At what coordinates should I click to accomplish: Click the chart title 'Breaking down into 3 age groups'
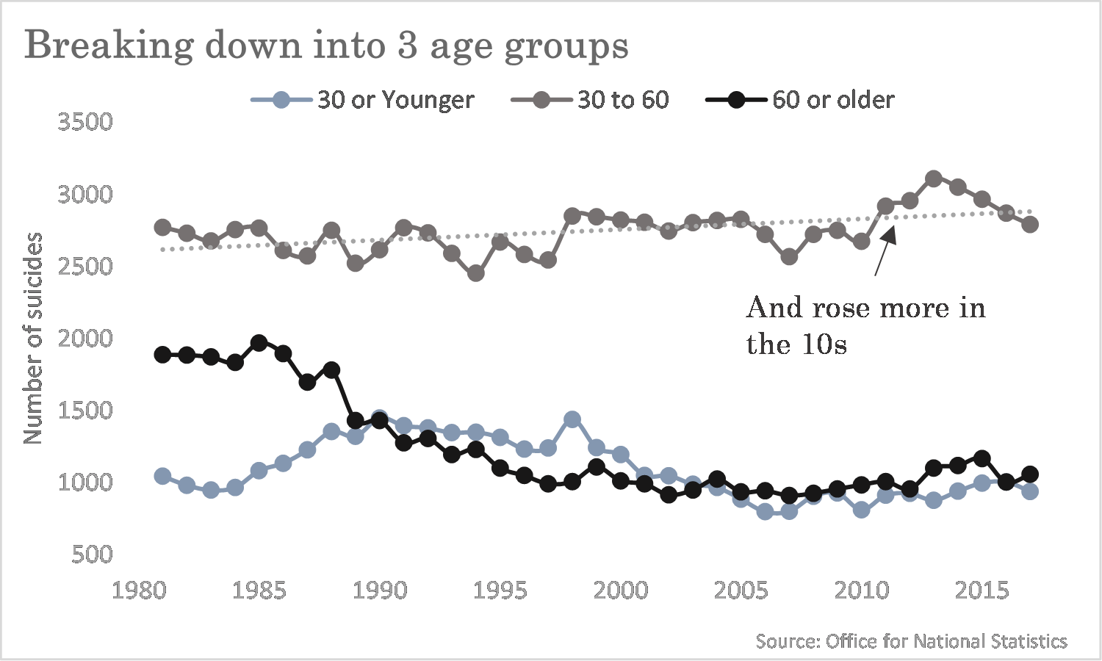coord(326,46)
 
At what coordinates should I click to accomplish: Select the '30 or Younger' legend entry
coord(363,100)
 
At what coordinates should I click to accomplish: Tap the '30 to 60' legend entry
coord(590,100)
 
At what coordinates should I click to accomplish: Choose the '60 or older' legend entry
coord(800,100)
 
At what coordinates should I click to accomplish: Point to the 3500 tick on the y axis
coord(85,122)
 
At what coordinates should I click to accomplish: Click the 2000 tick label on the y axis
coord(85,339)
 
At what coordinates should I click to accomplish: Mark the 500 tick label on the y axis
coord(92,555)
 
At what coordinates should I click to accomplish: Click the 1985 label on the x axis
coord(259,590)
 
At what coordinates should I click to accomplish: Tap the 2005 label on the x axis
coord(741,590)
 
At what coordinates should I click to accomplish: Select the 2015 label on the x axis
coord(982,590)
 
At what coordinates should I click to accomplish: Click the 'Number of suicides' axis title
coord(33,339)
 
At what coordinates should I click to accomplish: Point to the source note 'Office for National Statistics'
coord(946,641)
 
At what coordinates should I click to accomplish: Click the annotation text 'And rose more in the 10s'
coord(866,325)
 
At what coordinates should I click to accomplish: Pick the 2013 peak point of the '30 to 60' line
coord(933,178)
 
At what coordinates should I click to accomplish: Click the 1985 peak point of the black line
coord(259,343)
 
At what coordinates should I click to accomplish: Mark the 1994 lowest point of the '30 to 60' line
coord(476,273)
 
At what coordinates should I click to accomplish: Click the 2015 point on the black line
coord(982,458)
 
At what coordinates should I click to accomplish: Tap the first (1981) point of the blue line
coord(162,476)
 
